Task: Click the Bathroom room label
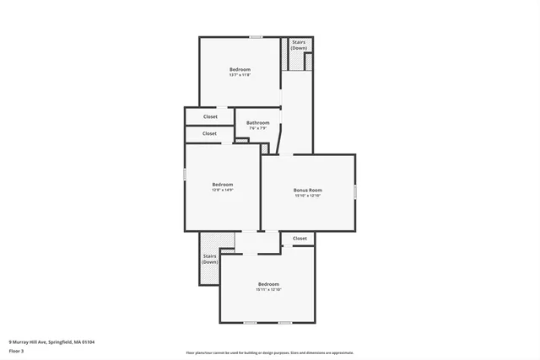click(x=258, y=123)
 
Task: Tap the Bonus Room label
click(x=308, y=190)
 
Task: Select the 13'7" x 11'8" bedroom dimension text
click(x=240, y=75)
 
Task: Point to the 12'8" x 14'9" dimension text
click(x=222, y=190)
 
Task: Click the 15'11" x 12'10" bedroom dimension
click(x=268, y=290)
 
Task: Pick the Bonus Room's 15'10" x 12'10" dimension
click(x=308, y=196)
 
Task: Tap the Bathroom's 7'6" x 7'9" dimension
click(x=258, y=128)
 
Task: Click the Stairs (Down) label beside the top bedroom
click(x=299, y=45)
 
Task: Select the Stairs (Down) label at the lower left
click(x=210, y=259)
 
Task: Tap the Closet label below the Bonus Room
click(x=300, y=239)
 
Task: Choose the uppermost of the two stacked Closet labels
click(x=209, y=116)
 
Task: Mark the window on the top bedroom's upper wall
click(x=256, y=36)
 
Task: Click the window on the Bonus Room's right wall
click(x=355, y=192)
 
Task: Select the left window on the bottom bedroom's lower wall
click(x=250, y=323)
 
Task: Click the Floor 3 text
click(x=17, y=351)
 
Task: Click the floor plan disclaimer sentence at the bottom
click(x=270, y=352)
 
